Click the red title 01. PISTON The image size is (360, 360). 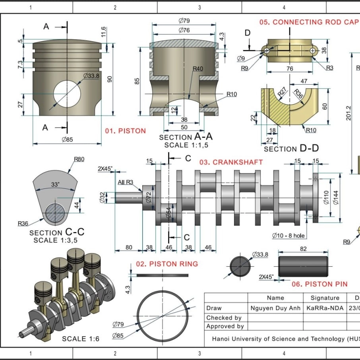click(x=125, y=131)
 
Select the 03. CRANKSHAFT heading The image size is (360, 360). click(x=231, y=162)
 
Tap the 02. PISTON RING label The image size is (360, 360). click(x=167, y=264)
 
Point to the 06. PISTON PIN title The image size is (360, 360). click(x=319, y=284)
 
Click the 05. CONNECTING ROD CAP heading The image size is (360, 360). click(x=309, y=22)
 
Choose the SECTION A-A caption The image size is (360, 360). click(x=186, y=137)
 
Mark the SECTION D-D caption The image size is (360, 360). click(x=291, y=149)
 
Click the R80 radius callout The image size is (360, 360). click(x=79, y=159)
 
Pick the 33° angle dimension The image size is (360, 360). click(x=55, y=184)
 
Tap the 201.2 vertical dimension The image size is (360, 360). click(x=348, y=113)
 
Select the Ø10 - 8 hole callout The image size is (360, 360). click(x=288, y=236)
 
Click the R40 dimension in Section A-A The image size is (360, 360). click(x=197, y=69)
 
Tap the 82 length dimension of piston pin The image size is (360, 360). click(x=303, y=249)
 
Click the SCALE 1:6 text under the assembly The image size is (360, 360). click(x=80, y=339)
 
